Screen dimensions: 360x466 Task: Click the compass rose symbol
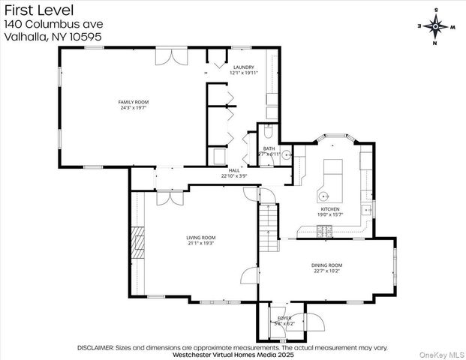tap(434, 25)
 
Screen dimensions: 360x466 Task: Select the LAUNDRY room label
tap(244, 67)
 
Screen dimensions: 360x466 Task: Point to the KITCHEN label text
tap(331, 208)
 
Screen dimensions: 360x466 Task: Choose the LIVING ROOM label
tap(201, 237)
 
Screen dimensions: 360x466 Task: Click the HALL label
tap(235, 170)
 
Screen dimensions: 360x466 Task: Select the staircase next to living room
tap(268, 223)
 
